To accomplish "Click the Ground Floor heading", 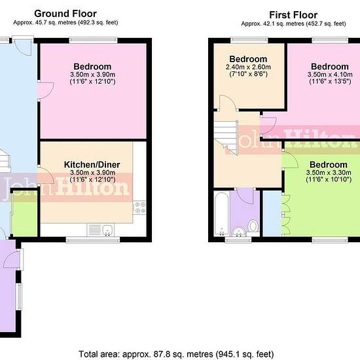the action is [65, 14].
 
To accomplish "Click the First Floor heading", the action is [293, 15].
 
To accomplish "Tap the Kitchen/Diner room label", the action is [92, 164].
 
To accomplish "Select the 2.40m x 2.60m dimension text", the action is [248, 67].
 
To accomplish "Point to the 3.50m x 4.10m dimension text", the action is [330, 75].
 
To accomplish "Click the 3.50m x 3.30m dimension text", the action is [329, 172].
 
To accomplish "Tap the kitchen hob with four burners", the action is [139, 207].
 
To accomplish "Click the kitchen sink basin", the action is [107, 230].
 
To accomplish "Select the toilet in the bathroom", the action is [253, 228].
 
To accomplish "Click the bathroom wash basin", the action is [238, 232].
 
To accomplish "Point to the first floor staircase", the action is [226, 138].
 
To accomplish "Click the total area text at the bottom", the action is [176, 354].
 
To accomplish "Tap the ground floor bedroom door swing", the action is [46, 90].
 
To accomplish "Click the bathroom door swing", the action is [245, 196].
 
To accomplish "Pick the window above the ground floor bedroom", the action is [93, 41].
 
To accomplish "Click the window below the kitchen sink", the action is [93, 240].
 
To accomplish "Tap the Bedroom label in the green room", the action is [329, 164].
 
